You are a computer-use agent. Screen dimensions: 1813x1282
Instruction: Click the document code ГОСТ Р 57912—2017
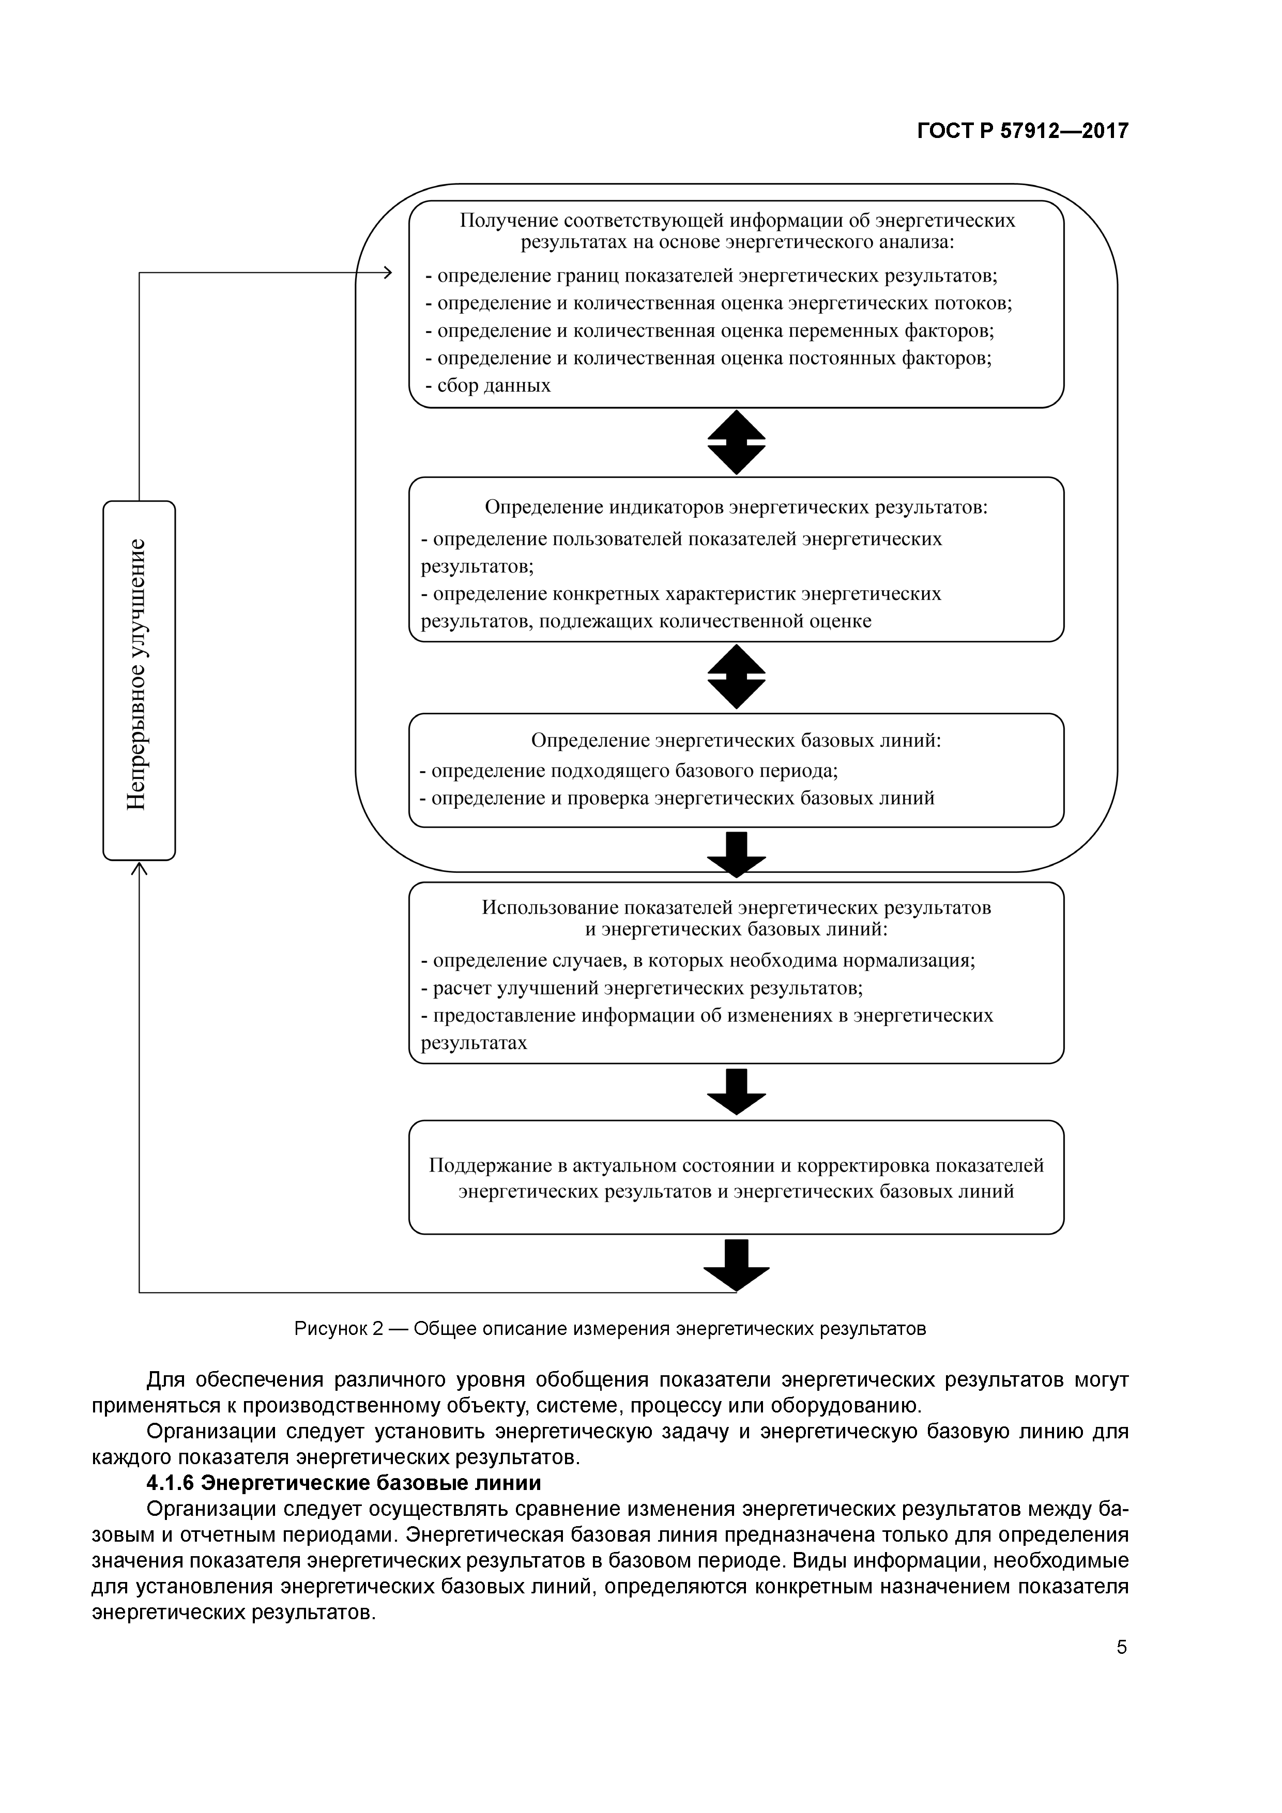click(x=1022, y=131)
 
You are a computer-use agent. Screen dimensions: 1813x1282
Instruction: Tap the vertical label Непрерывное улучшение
click(x=138, y=674)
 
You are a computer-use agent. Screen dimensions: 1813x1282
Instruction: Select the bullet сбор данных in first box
click(x=487, y=386)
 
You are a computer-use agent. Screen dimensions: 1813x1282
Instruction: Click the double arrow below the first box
click(x=736, y=442)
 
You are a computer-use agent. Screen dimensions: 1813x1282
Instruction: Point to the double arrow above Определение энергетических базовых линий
click(x=736, y=677)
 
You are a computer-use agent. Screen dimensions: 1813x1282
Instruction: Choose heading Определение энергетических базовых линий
click(x=736, y=740)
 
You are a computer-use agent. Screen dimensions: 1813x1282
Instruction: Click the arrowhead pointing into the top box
click(x=387, y=273)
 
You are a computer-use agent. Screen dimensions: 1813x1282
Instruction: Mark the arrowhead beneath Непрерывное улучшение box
click(x=139, y=869)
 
